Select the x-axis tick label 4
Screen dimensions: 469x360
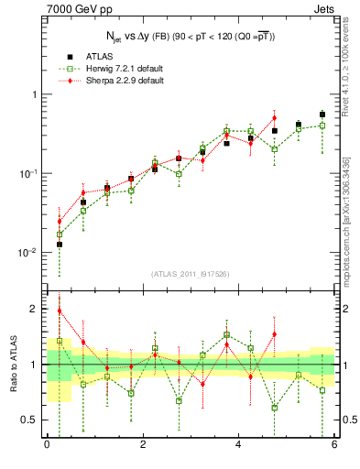tap(238, 445)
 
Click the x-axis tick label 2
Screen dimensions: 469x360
tap(143, 445)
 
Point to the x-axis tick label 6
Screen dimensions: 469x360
tap(333, 445)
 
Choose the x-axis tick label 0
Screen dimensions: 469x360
tap(47, 445)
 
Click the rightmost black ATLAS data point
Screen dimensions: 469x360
tap(322, 115)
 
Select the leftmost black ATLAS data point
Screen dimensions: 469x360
tap(60, 245)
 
